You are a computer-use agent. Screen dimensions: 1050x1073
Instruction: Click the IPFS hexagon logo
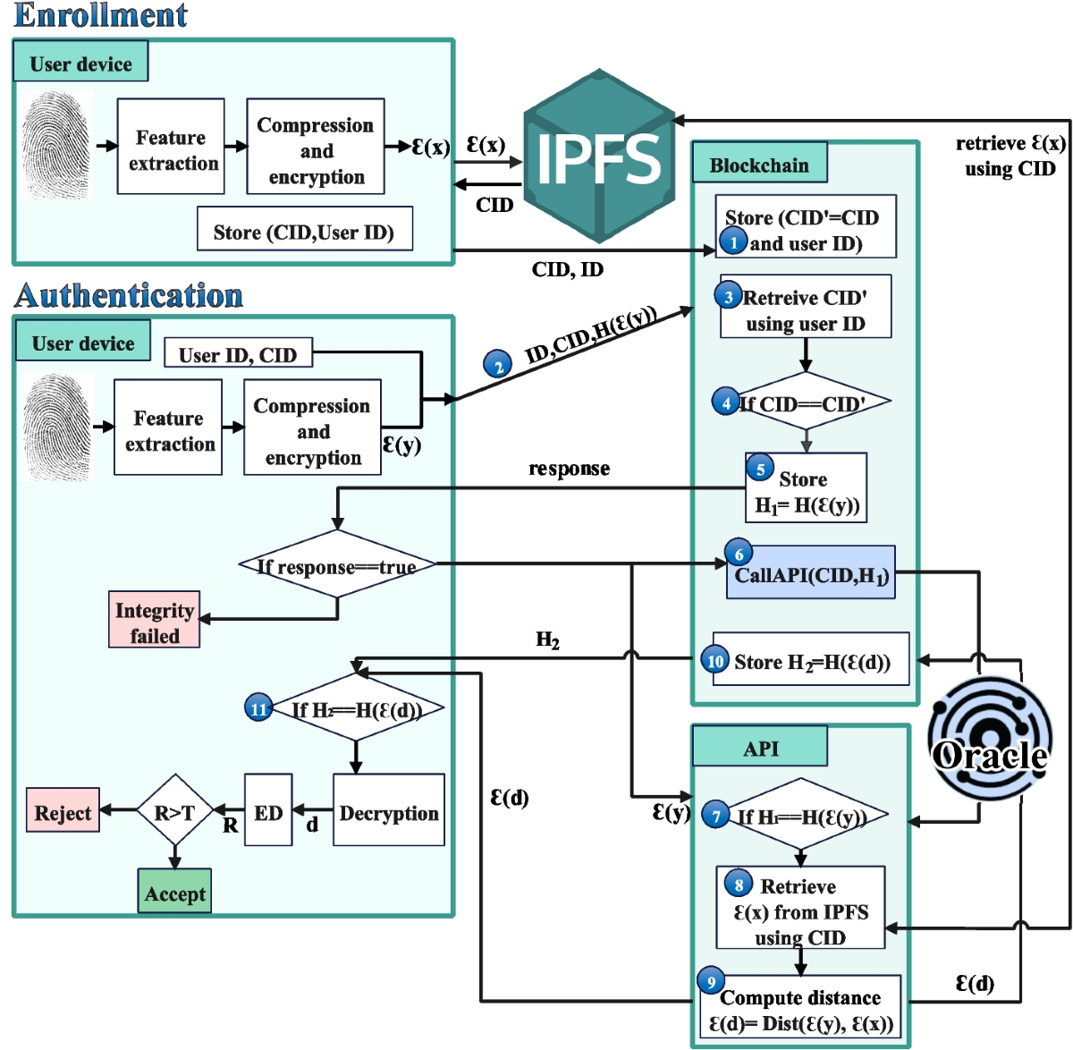point(598,157)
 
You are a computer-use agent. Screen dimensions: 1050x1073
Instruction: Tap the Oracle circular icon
point(989,738)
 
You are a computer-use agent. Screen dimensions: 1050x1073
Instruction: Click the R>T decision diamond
point(174,810)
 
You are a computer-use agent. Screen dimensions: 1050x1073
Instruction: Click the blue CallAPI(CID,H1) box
point(810,573)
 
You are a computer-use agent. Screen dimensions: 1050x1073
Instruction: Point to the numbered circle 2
point(498,364)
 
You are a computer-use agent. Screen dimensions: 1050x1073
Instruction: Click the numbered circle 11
point(258,708)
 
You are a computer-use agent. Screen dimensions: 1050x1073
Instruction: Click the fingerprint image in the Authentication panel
point(58,428)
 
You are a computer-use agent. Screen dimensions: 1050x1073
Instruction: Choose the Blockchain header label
point(759,164)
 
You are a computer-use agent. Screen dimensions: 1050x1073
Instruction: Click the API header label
point(760,747)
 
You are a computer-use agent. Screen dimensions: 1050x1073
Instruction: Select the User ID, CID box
point(238,353)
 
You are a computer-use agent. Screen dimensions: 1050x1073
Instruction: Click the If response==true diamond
point(337,565)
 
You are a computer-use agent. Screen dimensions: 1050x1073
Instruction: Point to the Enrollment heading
point(100,15)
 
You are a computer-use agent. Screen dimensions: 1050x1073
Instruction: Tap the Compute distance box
point(800,1009)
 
